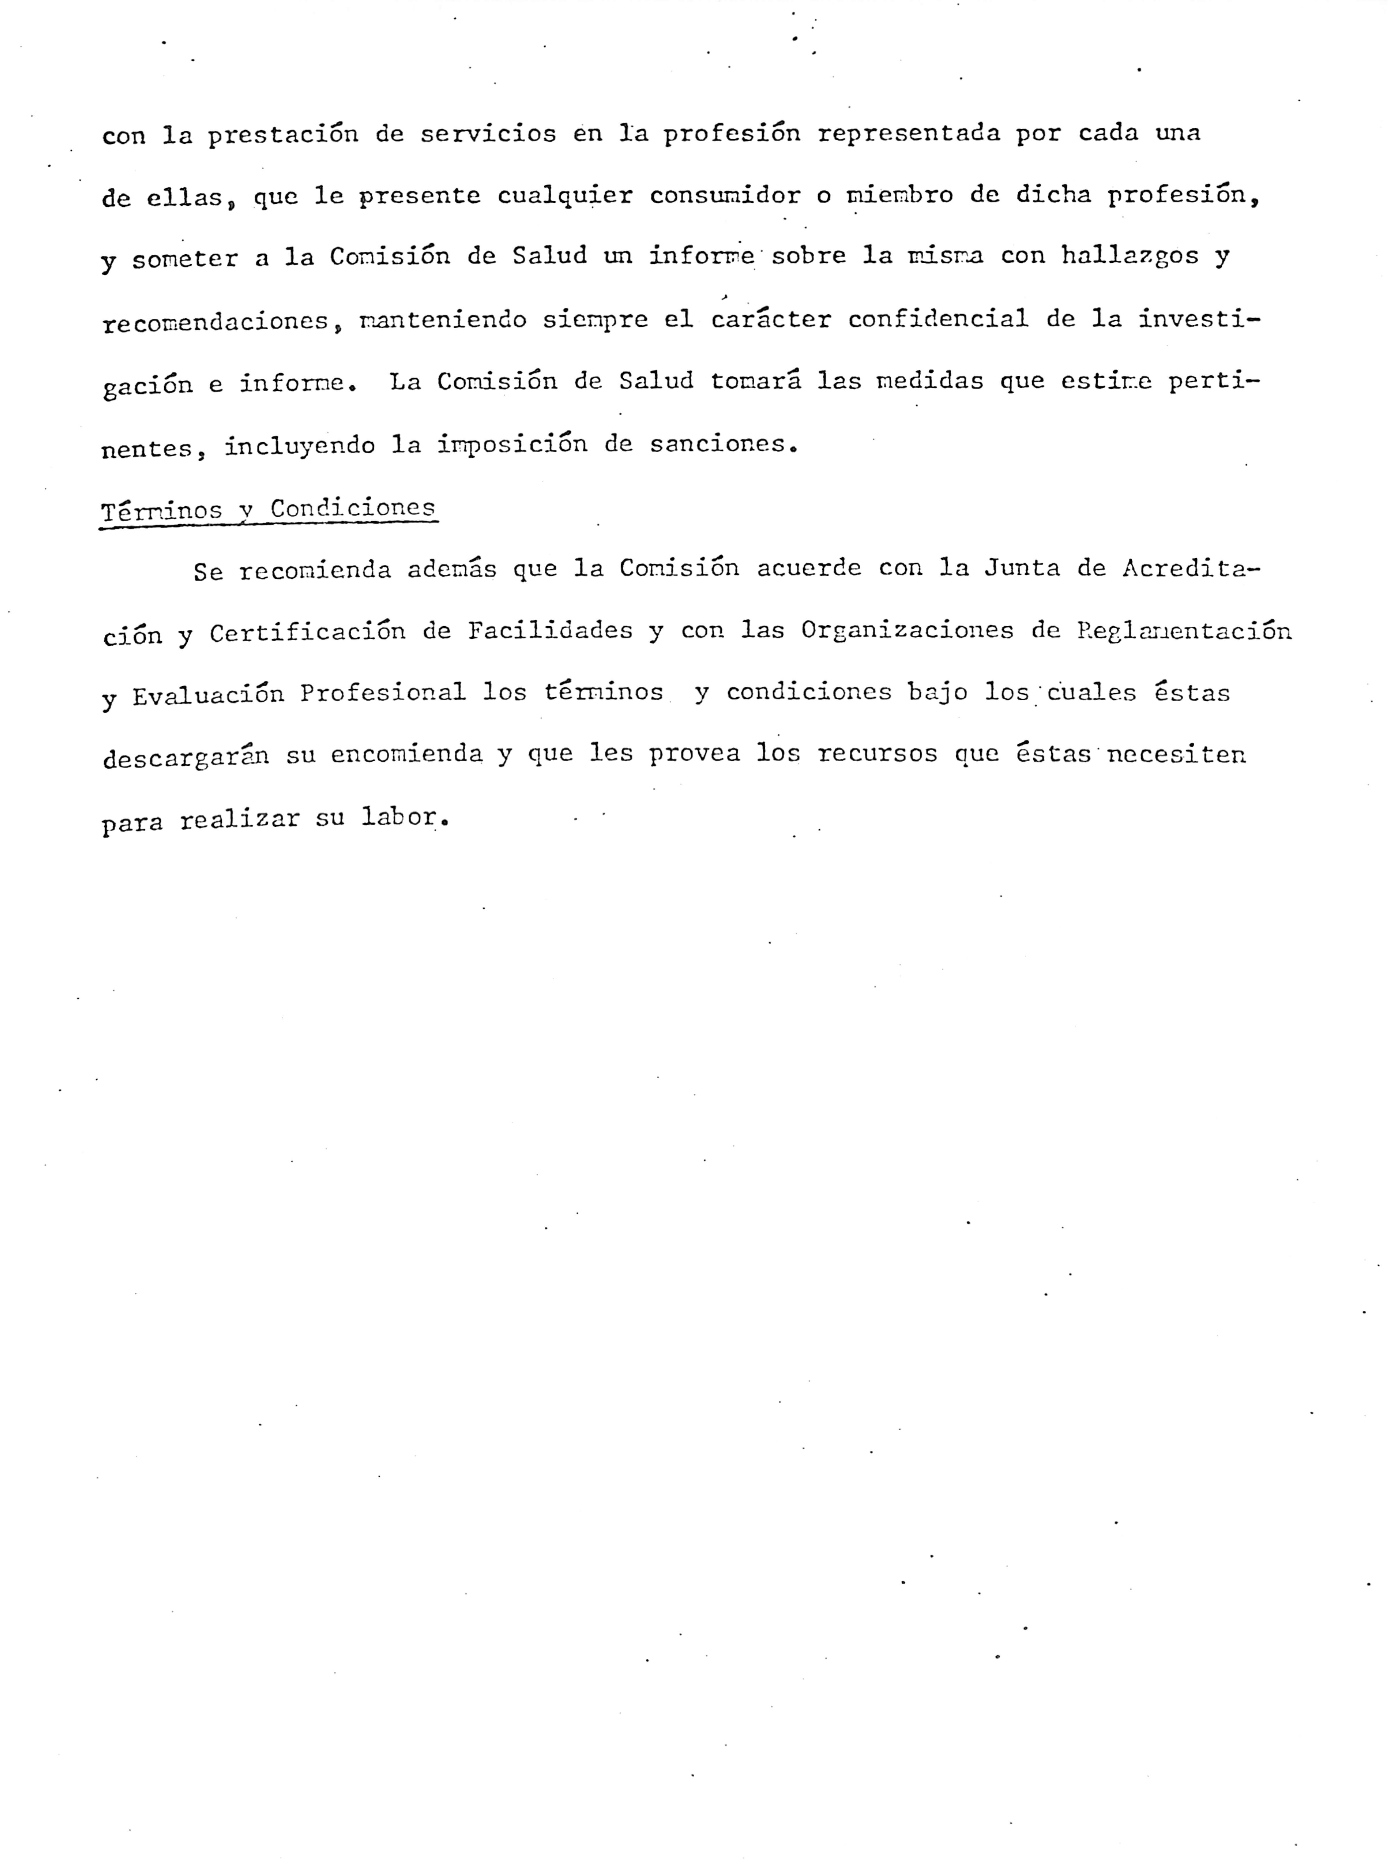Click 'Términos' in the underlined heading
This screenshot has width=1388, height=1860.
point(161,510)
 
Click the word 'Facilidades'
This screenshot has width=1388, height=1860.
point(550,631)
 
